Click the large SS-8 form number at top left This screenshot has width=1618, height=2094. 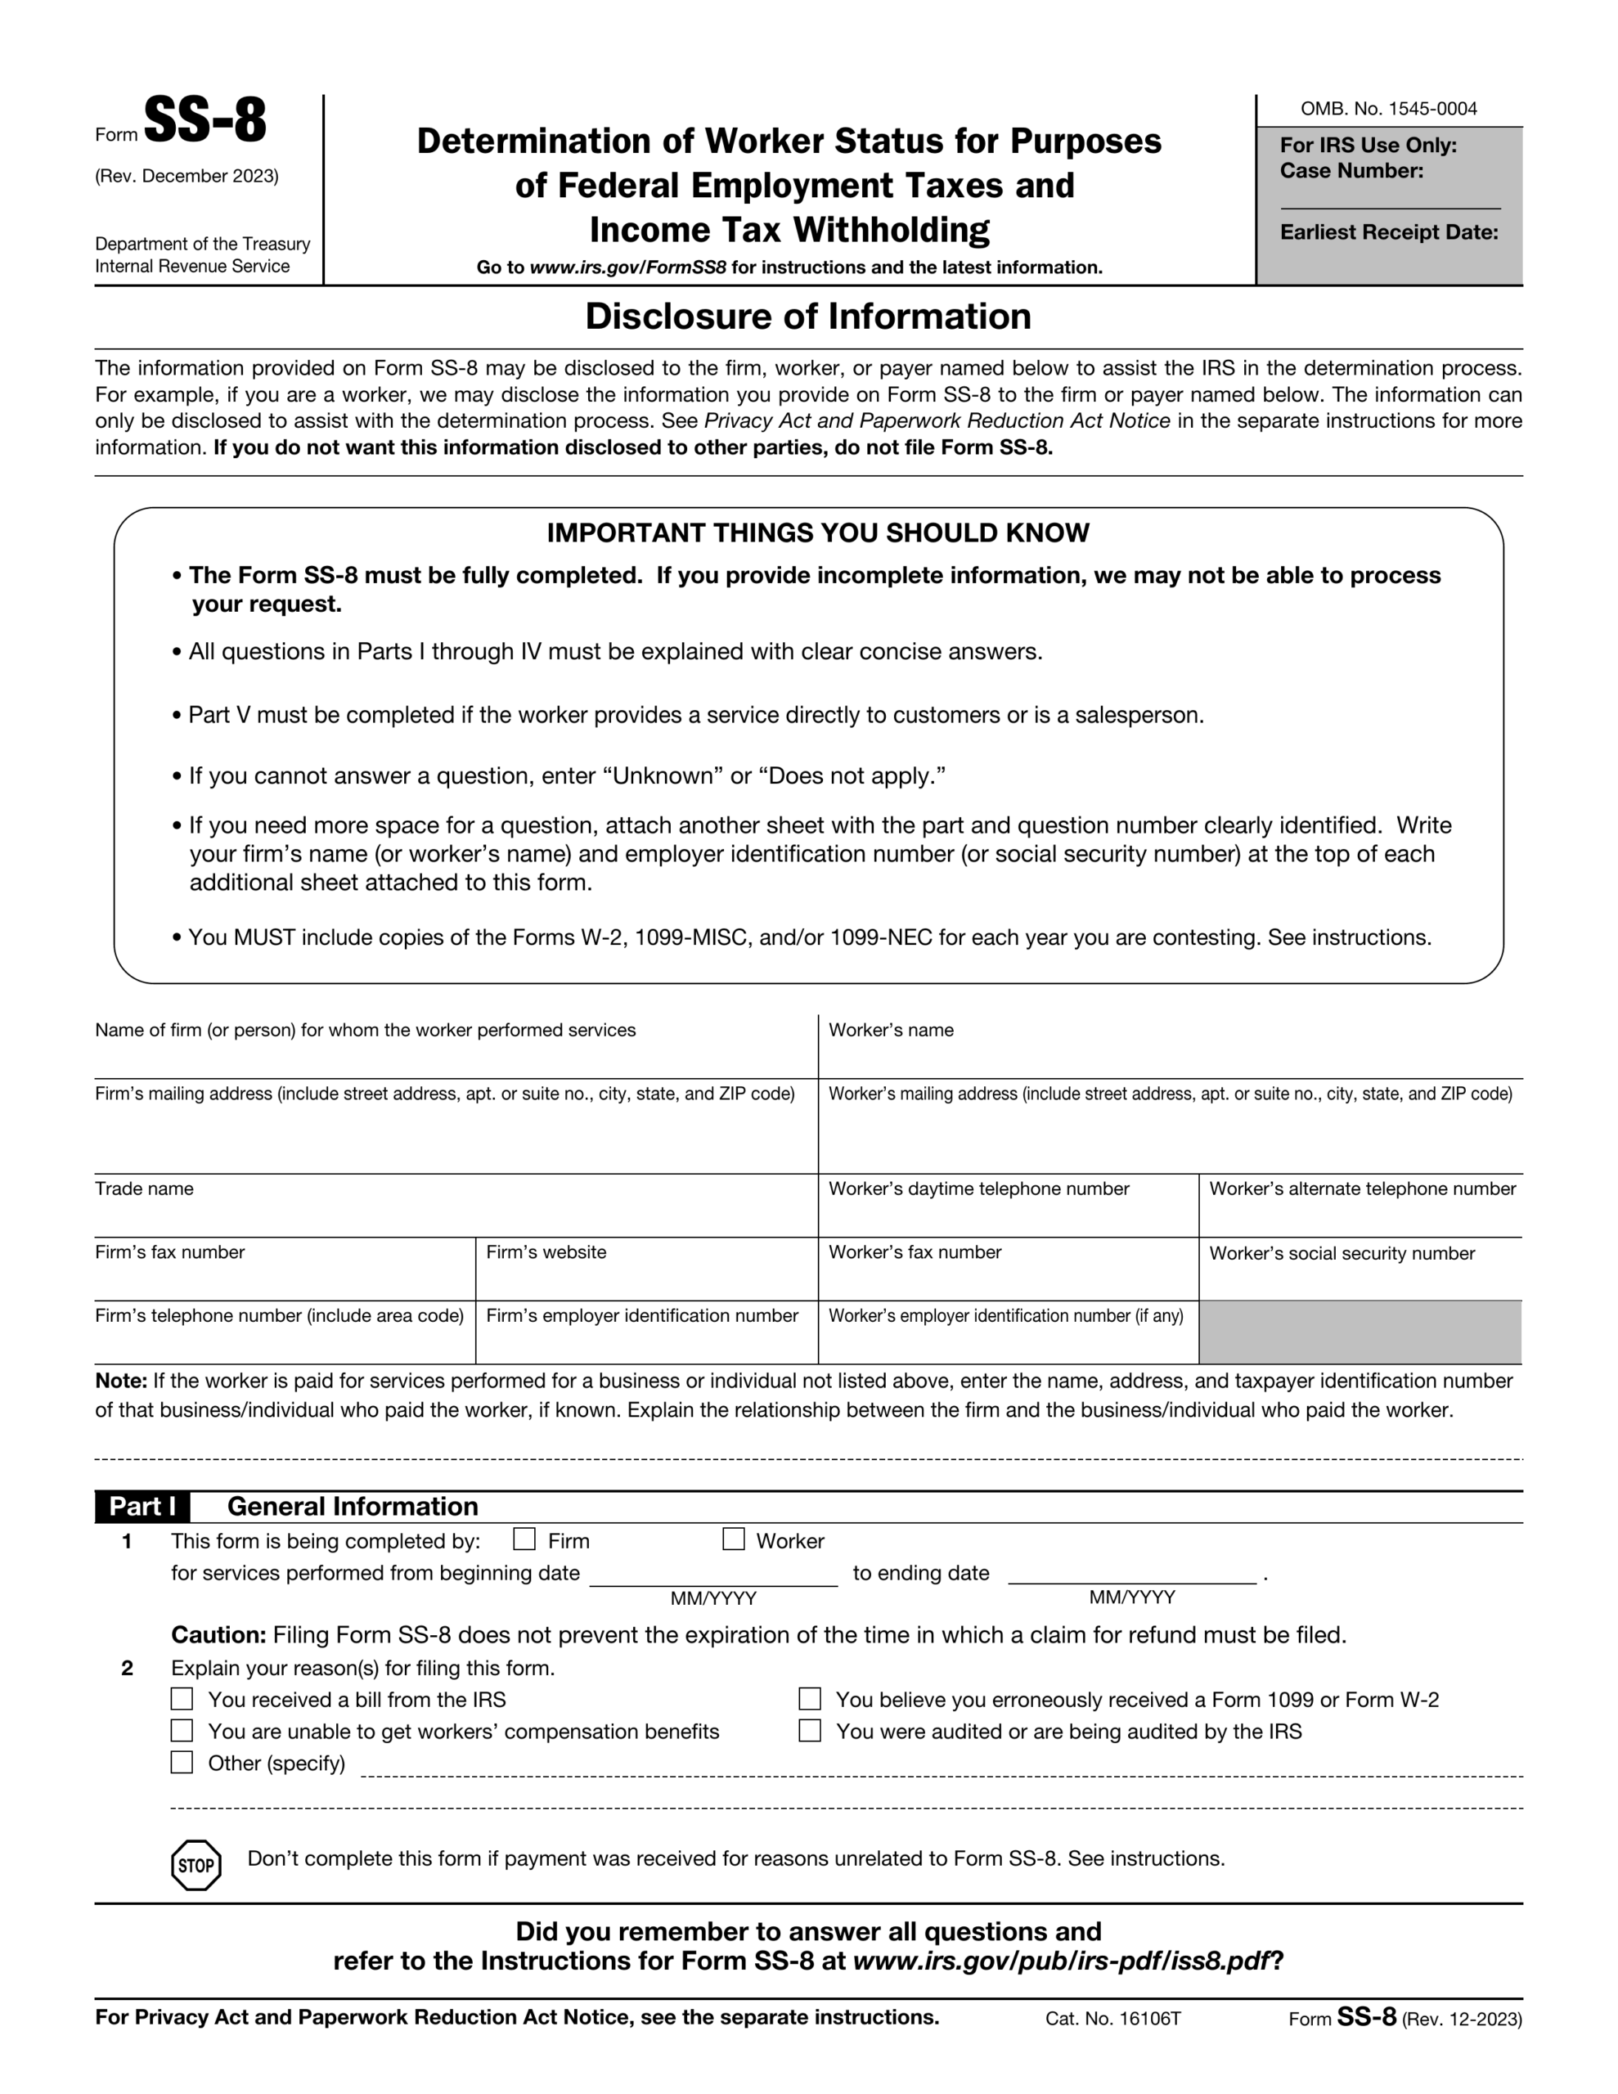pyautogui.click(x=204, y=122)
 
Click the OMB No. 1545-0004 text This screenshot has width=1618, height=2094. pyautogui.click(x=1388, y=108)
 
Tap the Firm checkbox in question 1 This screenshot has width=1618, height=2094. pyautogui.click(x=524, y=1539)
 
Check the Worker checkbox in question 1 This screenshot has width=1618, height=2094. pyautogui.click(x=733, y=1539)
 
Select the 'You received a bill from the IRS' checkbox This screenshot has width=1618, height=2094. pyautogui.click(x=182, y=1699)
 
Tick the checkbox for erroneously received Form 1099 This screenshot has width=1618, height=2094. pyautogui.click(x=810, y=1699)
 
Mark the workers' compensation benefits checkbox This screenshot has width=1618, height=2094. pyautogui.click(x=182, y=1731)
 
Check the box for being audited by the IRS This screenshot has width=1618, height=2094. pyautogui.click(x=810, y=1731)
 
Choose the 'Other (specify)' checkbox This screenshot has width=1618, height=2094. pyautogui.click(x=182, y=1762)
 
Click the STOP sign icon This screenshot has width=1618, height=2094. pyautogui.click(x=196, y=1865)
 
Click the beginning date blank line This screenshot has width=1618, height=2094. pyautogui.click(x=712, y=1574)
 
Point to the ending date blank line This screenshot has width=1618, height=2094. pyautogui.click(x=1132, y=1574)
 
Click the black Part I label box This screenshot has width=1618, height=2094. pyautogui.click(x=142, y=1506)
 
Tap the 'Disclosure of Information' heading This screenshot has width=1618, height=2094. pyautogui.click(x=807, y=317)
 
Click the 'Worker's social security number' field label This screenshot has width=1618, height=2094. pyautogui.click(x=1341, y=1253)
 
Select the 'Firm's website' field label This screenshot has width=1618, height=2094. pyautogui.click(x=546, y=1252)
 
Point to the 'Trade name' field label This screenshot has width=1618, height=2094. pyautogui.click(x=144, y=1189)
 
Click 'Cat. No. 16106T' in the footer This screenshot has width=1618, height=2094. pyautogui.click(x=1112, y=2018)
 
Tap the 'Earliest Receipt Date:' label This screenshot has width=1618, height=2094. pyautogui.click(x=1388, y=232)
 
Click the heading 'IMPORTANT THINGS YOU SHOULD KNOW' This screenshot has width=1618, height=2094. pyautogui.click(x=817, y=533)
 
